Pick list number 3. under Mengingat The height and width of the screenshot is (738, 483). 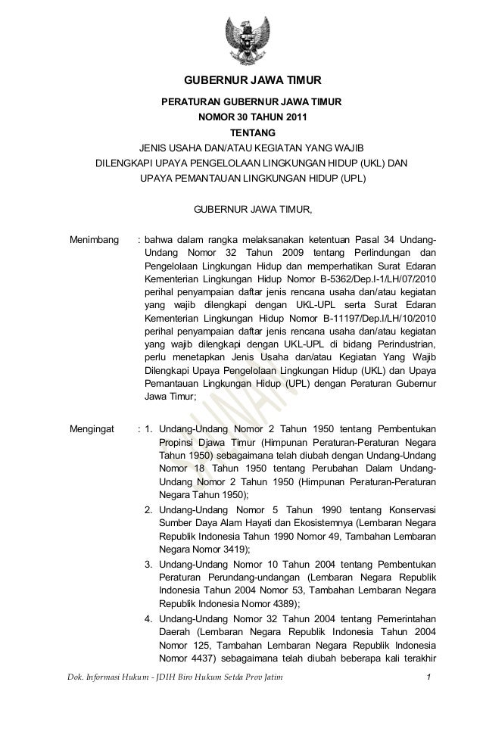[x=149, y=564]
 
